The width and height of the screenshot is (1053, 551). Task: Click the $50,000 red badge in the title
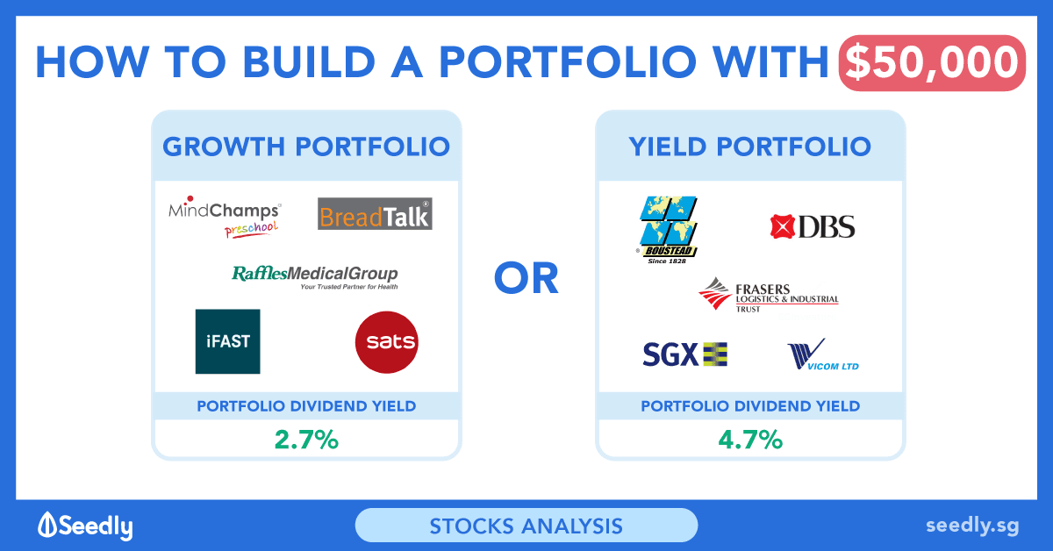tap(932, 63)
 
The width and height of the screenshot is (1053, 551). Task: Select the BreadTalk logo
tap(375, 214)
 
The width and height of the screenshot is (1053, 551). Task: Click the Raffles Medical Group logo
tap(314, 277)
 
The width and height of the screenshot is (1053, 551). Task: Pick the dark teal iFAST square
tap(227, 341)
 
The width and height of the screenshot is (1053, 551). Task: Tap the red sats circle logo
tap(386, 342)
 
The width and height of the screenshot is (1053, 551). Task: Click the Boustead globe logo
tap(668, 230)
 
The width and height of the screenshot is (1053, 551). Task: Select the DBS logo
tap(813, 226)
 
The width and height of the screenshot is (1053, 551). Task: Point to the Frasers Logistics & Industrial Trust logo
tap(769, 296)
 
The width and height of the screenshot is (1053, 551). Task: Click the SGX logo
tap(685, 354)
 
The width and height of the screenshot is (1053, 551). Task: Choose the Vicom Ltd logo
tap(823, 354)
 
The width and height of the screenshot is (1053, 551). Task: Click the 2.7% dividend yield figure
tap(306, 440)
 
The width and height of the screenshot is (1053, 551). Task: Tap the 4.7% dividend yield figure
tap(750, 440)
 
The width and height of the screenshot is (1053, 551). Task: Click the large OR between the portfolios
tap(526, 278)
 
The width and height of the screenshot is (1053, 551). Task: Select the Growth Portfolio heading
tap(306, 147)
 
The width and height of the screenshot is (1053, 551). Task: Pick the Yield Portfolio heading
tap(750, 147)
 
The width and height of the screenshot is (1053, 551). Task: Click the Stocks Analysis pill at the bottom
tap(526, 526)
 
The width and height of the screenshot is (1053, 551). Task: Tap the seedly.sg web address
tap(972, 526)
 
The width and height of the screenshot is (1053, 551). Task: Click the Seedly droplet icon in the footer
tap(47, 524)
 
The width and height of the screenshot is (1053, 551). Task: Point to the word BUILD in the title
tap(309, 62)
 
